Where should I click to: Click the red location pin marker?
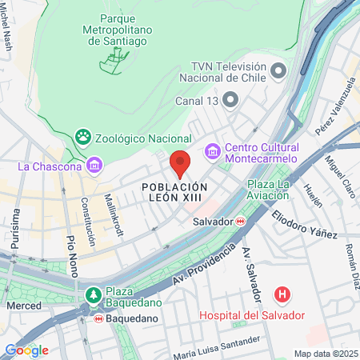pyautogui.click(x=180, y=164)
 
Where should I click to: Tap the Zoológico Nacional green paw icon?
pyautogui.click(x=83, y=138)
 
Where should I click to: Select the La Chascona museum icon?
pyautogui.click(x=95, y=166)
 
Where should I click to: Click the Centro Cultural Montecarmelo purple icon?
pyautogui.click(x=213, y=150)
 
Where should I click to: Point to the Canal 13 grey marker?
pyautogui.click(x=230, y=101)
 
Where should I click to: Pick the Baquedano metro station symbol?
pyautogui.click(x=98, y=318)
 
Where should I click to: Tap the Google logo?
pyautogui.click(x=26, y=350)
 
